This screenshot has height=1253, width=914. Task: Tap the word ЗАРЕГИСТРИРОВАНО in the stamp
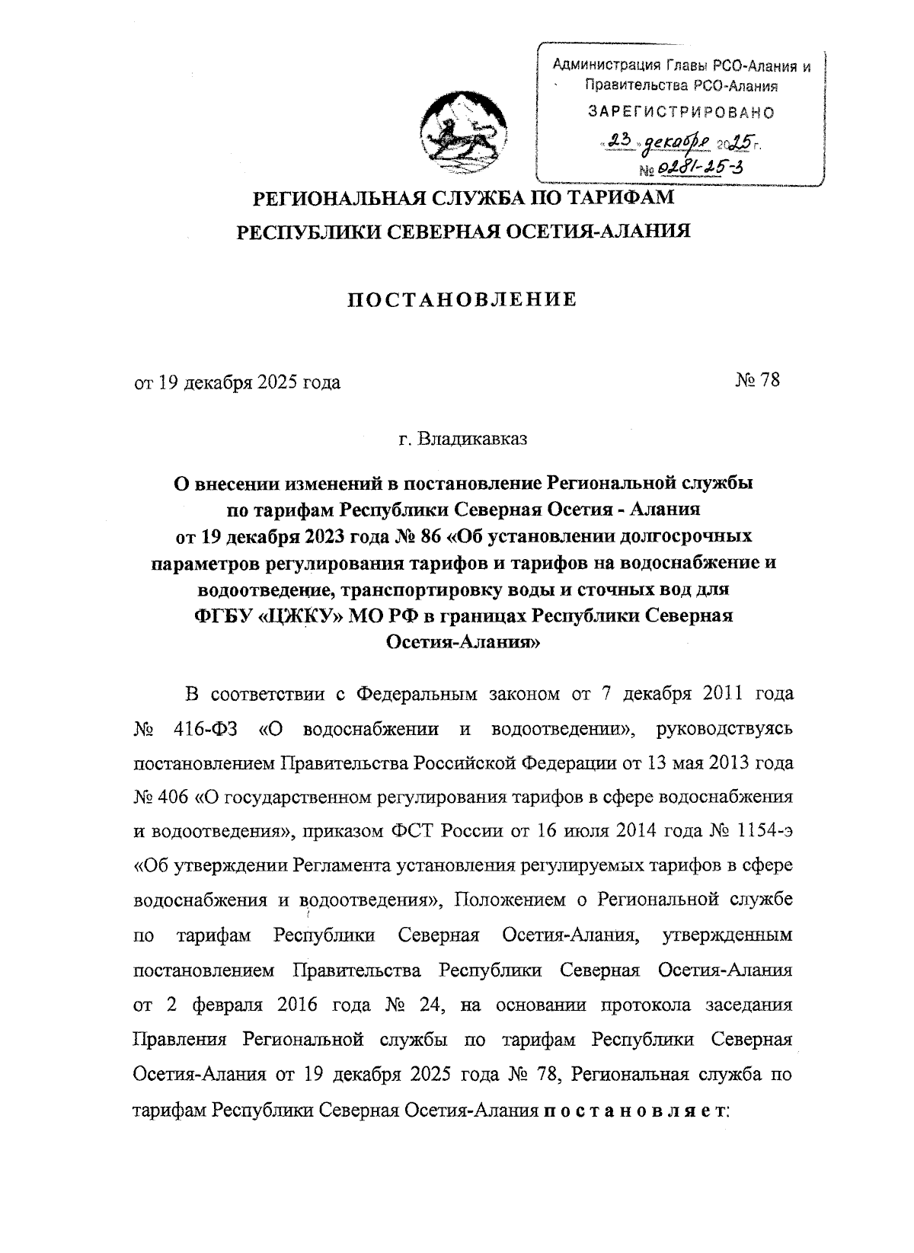point(682,113)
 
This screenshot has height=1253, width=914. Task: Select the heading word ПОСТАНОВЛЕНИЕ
point(462,300)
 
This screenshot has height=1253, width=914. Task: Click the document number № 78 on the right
point(757,381)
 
